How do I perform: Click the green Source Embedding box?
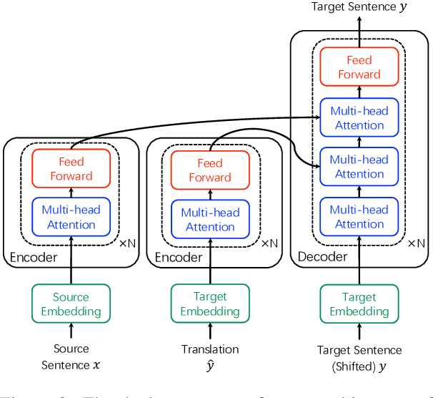(71, 304)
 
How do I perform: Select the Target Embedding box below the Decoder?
(359, 304)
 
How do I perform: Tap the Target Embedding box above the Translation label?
(210, 304)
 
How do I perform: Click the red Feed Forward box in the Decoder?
(359, 67)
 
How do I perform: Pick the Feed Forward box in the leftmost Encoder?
(71, 169)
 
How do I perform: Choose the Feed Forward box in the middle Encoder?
(210, 170)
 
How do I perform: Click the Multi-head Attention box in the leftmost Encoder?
(71, 217)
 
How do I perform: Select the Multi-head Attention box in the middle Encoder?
(210, 220)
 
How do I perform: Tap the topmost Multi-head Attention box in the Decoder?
(359, 118)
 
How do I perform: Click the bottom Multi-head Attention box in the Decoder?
(359, 216)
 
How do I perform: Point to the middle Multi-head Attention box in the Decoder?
(359, 167)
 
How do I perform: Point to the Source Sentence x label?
(71, 356)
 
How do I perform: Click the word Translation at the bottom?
(210, 349)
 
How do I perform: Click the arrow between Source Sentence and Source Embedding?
(71, 331)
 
